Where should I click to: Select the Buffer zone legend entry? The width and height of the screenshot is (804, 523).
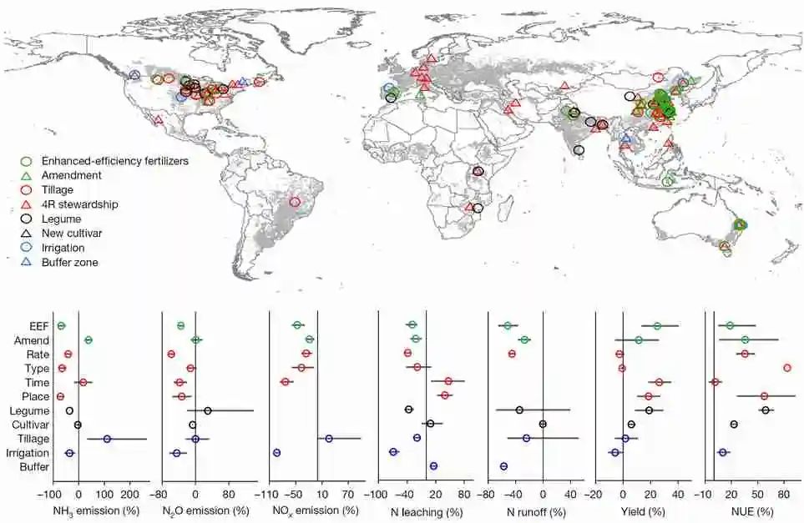(74, 262)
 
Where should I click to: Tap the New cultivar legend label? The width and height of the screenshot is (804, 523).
(78, 233)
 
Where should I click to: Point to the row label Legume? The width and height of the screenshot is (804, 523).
(31, 410)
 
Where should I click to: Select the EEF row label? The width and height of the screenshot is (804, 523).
(38, 326)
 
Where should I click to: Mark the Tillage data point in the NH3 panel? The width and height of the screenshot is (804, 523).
(107, 439)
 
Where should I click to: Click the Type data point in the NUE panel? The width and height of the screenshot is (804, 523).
(786, 368)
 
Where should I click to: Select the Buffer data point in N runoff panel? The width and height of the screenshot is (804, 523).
(503, 466)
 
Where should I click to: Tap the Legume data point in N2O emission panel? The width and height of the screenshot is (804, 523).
(208, 410)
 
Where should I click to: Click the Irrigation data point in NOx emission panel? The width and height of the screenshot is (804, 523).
(276, 452)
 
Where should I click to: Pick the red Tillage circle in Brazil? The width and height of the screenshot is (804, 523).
(294, 202)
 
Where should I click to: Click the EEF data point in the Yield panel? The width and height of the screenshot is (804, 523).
(657, 326)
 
